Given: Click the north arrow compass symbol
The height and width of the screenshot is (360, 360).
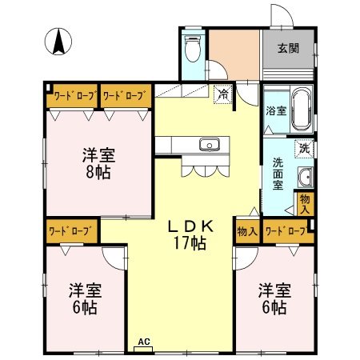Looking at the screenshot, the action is point(58,42).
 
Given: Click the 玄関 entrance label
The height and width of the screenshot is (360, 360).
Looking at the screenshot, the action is point(288,49).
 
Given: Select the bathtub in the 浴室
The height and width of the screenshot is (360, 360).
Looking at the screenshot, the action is point(302,109).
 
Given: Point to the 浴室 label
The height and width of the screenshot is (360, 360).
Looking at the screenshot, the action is point(276,110).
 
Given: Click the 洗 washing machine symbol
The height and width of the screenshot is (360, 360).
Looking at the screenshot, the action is point(304,148).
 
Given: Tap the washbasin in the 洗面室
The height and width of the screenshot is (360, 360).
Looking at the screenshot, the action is point(305,178).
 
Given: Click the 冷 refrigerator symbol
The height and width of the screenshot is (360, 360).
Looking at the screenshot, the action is point(223,94).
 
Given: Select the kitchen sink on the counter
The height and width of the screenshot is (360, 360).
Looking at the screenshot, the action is point(210,145).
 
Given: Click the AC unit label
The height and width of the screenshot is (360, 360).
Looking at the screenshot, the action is point(144,342).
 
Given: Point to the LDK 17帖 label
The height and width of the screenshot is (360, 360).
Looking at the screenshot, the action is point(190,234).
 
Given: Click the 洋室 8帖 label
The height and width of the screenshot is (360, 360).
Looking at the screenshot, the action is point(98,163).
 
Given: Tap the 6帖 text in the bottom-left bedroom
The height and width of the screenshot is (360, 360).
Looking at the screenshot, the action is point(85,307).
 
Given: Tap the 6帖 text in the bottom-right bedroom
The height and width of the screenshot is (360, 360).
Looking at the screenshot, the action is point(274,307).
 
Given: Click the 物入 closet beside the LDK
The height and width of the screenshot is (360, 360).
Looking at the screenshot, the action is point(248,231).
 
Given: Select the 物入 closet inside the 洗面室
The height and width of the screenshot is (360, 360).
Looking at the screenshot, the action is point(306,204).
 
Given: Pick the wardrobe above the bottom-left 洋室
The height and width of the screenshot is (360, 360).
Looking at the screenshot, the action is point(72,231).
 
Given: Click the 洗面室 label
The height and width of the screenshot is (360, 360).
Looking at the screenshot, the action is point(278,174).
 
